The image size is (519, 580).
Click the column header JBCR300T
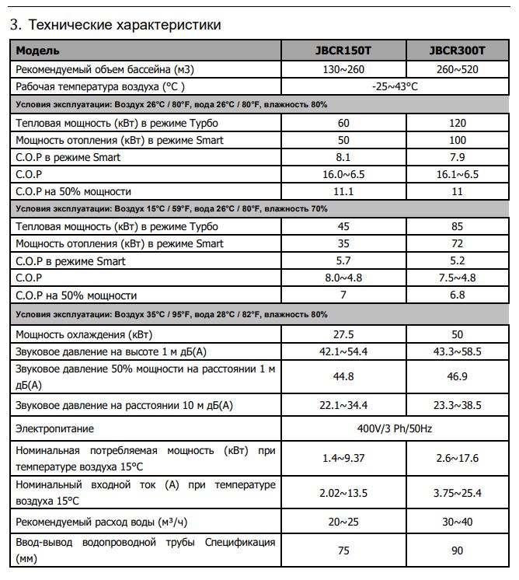(x=457, y=51)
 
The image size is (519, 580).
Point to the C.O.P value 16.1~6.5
(x=457, y=174)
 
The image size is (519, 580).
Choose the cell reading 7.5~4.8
(x=457, y=278)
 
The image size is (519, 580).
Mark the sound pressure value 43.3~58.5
(x=457, y=351)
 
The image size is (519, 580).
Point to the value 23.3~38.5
(x=457, y=405)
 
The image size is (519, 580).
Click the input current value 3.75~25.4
(x=457, y=493)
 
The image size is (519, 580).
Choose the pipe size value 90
(x=457, y=550)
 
